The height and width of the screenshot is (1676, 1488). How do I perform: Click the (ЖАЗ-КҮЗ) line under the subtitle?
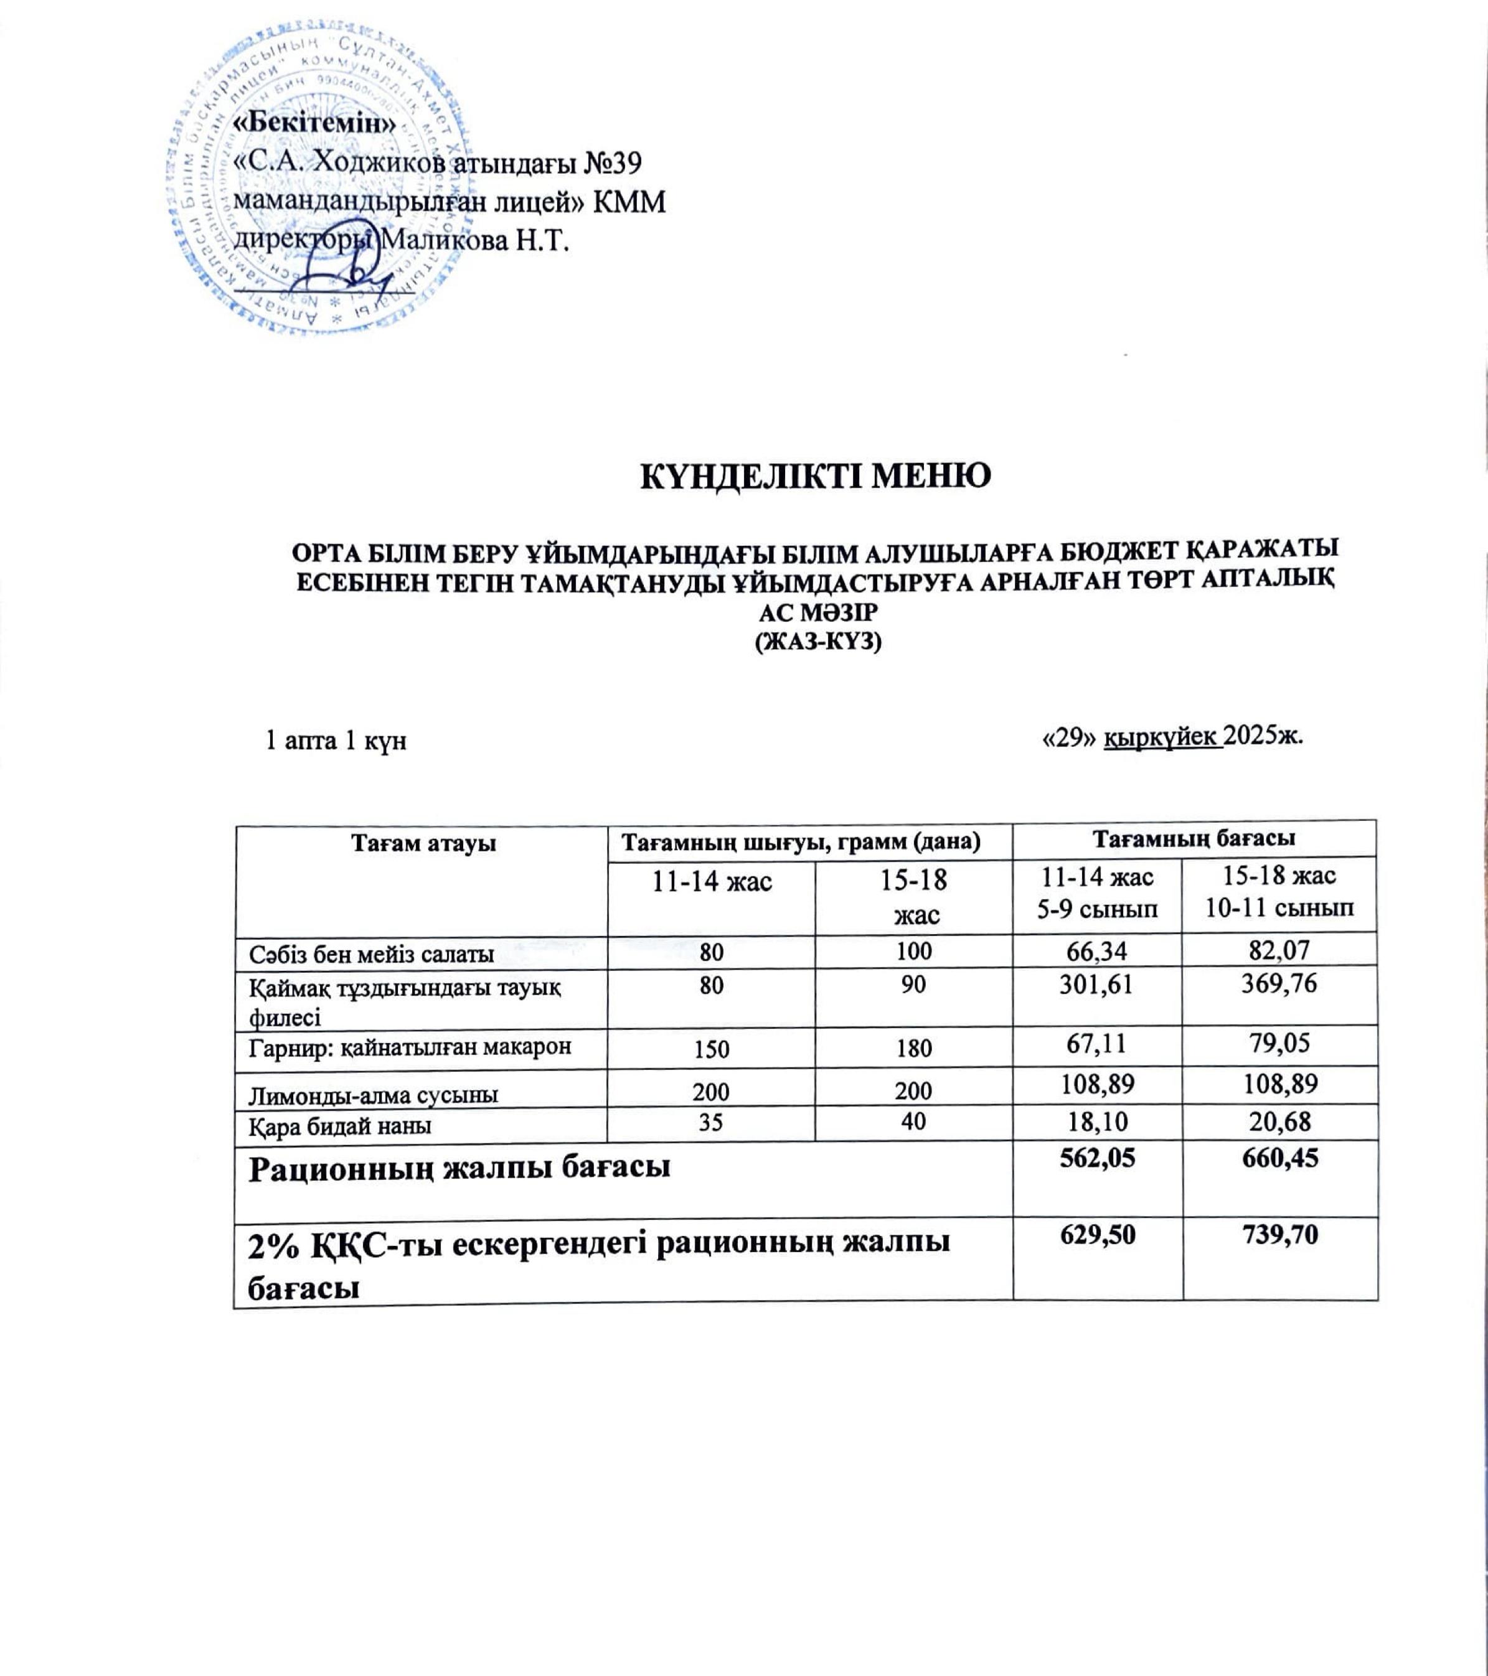pyautogui.click(x=817, y=642)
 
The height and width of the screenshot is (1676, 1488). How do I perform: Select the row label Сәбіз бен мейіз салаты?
pyautogui.click(x=372, y=953)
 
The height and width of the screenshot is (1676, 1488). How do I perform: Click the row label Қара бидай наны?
pyautogui.click(x=341, y=1126)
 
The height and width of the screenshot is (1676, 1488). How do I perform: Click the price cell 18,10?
pyautogui.click(x=1097, y=1121)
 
